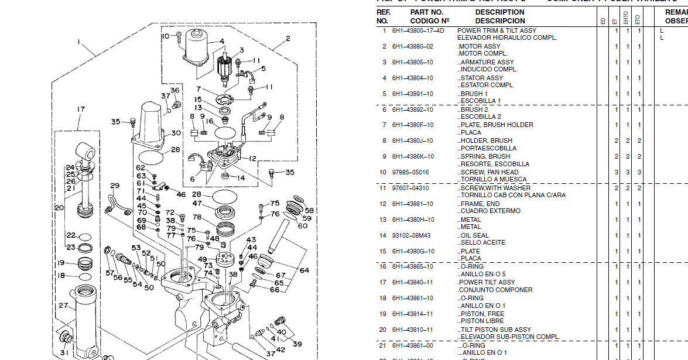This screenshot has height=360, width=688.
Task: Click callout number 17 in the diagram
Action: point(81,109)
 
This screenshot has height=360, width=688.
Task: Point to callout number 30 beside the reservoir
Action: point(176,133)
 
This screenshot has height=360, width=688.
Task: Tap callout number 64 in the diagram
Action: point(304,270)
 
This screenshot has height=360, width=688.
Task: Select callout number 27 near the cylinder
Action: point(63,306)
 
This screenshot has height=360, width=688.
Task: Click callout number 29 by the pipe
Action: point(114,186)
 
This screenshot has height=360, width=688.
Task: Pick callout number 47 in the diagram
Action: point(197,204)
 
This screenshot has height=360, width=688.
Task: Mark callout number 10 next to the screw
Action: point(165,36)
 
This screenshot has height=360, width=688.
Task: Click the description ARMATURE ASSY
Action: point(478,62)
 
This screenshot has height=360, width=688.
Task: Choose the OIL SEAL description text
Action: point(474,235)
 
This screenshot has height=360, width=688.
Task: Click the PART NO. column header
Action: point(427,12)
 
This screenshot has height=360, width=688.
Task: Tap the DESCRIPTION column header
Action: point(499,12)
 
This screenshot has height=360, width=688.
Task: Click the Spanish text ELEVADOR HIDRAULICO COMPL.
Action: point(507,37)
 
